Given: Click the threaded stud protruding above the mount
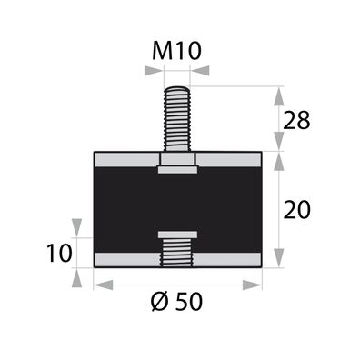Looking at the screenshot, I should [x=177, y=118].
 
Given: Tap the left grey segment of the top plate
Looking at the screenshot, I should [x=125, y=160].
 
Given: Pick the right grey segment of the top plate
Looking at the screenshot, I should [x=229, y=160].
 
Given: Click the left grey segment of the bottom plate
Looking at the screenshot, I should [x=125, y=259].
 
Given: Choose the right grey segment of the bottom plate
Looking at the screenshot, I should [x=229, y=259].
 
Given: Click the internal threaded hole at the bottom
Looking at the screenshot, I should [x=177, y=255].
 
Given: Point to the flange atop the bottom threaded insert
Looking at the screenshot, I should [x=177, y=235].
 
